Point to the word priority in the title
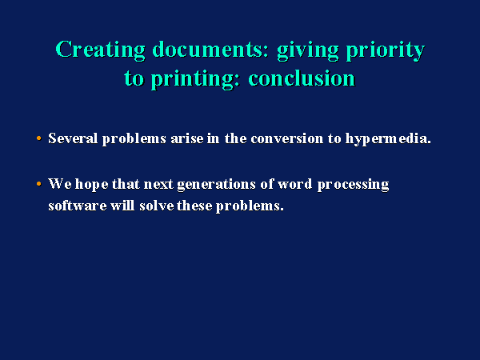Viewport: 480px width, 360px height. point(385,51)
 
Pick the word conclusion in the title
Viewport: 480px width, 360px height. point(302,78)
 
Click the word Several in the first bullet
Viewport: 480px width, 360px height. point(73,138)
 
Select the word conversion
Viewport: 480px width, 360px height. point(287,138)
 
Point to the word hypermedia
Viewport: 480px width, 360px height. point(388,139)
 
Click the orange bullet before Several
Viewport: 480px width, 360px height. point(39,138)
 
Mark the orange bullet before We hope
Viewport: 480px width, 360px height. point(39,184)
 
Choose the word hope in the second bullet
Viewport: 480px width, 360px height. point(92,185)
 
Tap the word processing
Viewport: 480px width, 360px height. point(353,185)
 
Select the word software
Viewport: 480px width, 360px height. point(78,205)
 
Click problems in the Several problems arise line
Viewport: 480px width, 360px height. point(134,139)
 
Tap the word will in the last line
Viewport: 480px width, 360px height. point(122,205)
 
